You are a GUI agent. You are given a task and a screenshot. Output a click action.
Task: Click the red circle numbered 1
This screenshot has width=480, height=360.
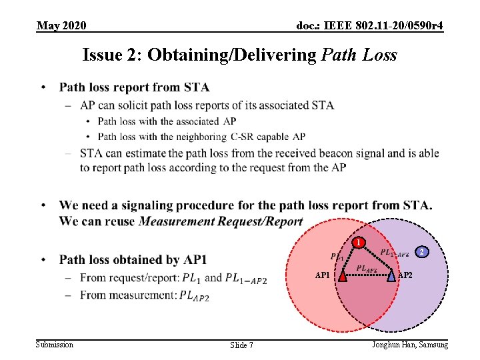[x=359, y=242]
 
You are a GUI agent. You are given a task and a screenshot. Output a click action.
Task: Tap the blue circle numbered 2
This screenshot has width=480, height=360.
[x=421, y=251]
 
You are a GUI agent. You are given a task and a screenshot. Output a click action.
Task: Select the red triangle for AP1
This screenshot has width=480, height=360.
[x=342, y=275]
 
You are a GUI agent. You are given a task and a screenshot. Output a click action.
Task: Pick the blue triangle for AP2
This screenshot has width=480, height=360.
[x=391, y=275]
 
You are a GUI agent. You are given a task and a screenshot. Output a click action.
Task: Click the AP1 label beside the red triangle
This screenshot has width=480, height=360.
[x=323, y=275]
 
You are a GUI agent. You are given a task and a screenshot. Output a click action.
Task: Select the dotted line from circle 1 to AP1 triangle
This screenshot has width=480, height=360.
[x=350, y=259]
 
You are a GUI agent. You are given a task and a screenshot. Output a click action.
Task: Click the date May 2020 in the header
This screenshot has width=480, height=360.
[x=61, y=25]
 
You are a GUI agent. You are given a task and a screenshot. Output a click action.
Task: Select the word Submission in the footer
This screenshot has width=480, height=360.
[x=55, y=344]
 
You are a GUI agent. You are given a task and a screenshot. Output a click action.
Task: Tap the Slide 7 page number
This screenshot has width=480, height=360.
[x=241, y=345]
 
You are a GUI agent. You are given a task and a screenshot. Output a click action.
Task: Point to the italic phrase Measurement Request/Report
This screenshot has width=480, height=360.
[x=221, y=221]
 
